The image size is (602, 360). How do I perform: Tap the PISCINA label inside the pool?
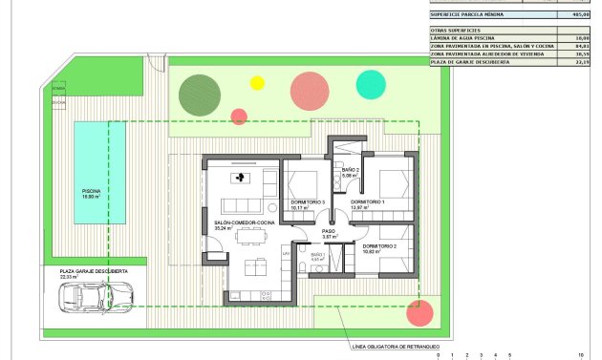coord(91,191)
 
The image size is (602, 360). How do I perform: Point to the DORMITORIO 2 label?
coord(380,246)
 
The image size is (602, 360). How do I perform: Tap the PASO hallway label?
coord(329,231)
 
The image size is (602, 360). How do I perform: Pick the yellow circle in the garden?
coord(256,83)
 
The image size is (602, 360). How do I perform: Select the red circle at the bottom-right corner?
coord(418,311)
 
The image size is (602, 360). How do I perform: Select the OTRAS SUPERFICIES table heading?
coord(458,30)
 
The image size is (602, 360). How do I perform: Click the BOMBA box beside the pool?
coord(58,87)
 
